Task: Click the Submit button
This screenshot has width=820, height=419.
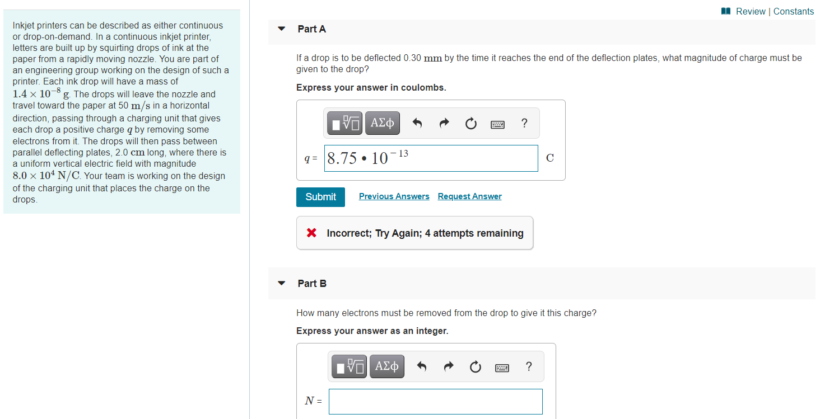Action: [x=320, y=197]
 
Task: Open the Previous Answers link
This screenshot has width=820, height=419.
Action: [x=394, y=196]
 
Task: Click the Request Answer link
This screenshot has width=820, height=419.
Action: [x=469, y=196]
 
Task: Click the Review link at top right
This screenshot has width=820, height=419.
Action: [x=750, y=11]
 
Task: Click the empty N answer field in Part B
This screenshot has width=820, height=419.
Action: [x=435, y=401]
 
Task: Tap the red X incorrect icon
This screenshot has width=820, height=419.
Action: [x=312, y=233]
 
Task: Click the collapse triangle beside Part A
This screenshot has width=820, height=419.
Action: [x=282, y=29]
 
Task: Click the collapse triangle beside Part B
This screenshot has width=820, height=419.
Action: [x=282, y=284]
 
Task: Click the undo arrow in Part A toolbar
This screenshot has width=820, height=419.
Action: [x=417, y=123]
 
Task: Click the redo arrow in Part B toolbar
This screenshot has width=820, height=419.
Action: [x=449, y=367]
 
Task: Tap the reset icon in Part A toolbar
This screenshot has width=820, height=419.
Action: [x=470, y=123]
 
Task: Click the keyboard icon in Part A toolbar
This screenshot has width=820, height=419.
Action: [x=497, y=124]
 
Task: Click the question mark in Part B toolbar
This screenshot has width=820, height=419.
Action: [x=529, y=367]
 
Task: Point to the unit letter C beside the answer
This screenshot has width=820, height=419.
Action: [x=549, y=158]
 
